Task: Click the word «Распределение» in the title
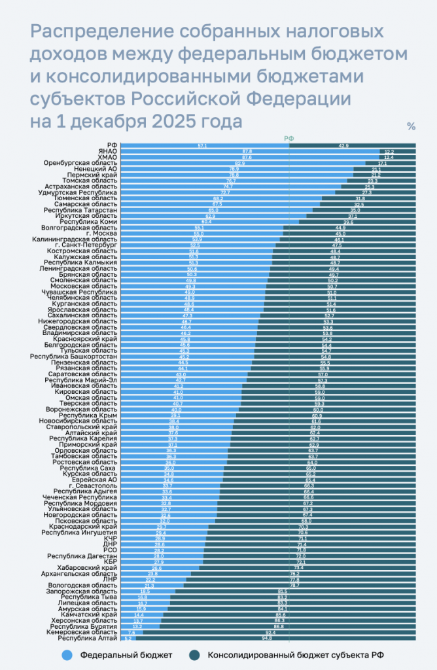point(96,32)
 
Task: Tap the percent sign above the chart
point(411,127)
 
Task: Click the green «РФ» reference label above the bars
point(288,138)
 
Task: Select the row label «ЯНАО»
point(108,150)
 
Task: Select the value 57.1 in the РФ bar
point(202,145)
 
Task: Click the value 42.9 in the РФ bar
point(343,145)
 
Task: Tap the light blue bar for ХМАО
point(249,157)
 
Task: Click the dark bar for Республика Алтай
point(275,638)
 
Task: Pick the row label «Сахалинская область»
point(82,315)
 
